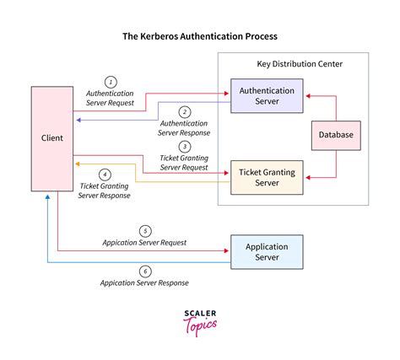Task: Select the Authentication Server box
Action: pos(266,95)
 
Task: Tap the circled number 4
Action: pos(105,175)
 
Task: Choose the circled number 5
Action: pos(144,229)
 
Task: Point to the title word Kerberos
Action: pos(174,37)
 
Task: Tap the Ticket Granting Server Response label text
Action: pos(105,191)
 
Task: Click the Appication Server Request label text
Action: pos(144,242)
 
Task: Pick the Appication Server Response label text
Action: pos(144,282)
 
